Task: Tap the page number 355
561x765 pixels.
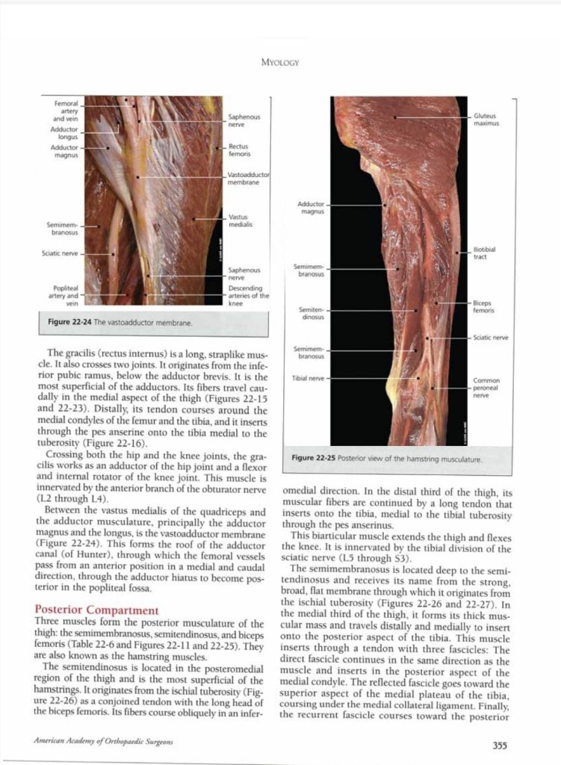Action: (x=500, y=744)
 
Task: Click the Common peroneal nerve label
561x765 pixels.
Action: (x=486, y=388)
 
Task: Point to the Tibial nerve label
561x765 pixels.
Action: (x=308, y=379)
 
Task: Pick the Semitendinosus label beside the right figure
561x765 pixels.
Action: (x=311, y=313)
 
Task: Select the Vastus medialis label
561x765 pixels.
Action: (x=240, y=220)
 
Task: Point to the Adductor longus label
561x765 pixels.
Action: (x=63, y=133)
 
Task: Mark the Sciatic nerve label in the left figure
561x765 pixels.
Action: (x=60, y=253)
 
